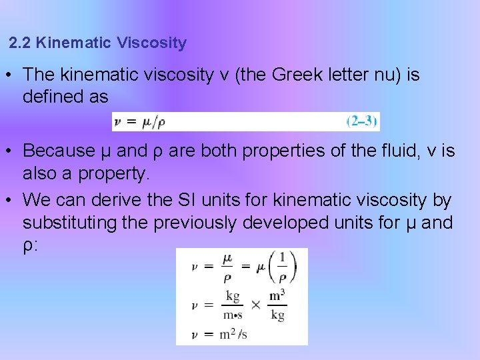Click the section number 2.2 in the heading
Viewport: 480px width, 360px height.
click(x=21, y=44)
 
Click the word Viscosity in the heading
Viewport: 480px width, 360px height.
click(x=151, y=44)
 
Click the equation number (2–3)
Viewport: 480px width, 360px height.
click(x=362, y=121)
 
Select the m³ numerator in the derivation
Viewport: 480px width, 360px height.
click(x=277, y=294)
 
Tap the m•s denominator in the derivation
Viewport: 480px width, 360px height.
click(x=232, y=315)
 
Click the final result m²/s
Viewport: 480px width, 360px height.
click(x=233, y=334)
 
